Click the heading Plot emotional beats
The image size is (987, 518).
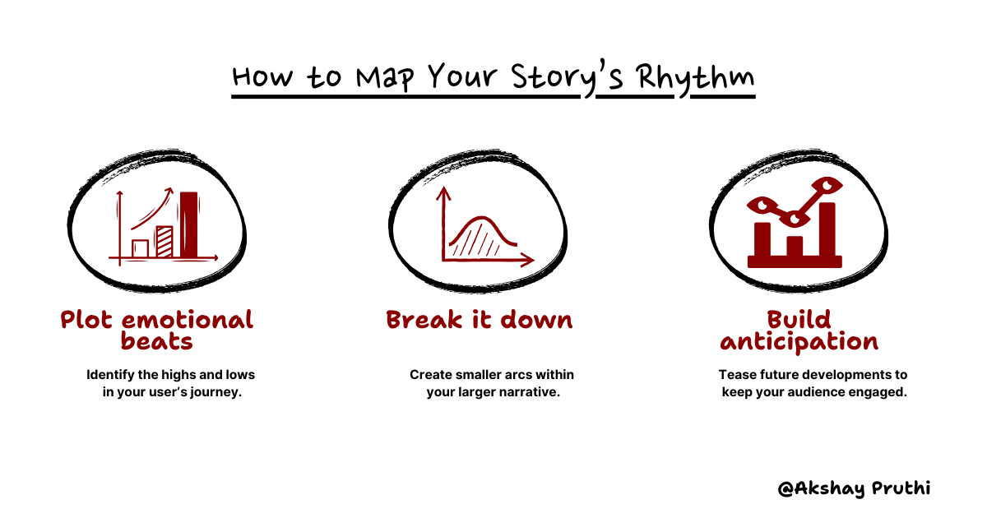coord(157,330)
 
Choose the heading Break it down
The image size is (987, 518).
coord(480,319)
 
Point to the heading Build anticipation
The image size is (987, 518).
coord(799,330)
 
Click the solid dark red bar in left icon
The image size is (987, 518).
coord(189,224)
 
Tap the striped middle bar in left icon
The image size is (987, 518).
coord(164,242)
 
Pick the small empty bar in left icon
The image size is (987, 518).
coord(141,247)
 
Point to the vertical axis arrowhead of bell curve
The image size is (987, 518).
coord(444,194)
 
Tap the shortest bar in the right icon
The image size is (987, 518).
coord(795,247)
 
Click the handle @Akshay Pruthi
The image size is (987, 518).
coord(854,488)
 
